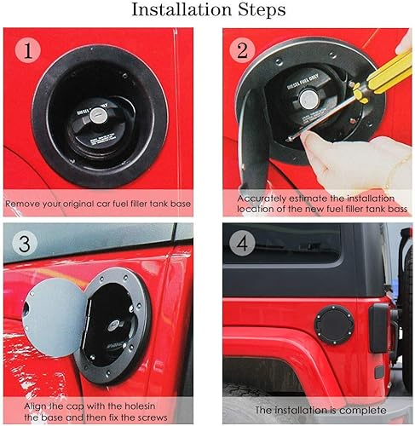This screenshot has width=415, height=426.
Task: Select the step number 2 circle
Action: (243, 50)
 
